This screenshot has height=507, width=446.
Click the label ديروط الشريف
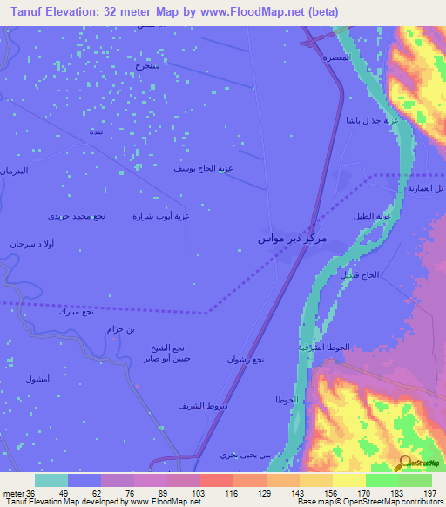pos(202,406)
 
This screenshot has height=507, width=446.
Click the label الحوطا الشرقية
pos(324,346)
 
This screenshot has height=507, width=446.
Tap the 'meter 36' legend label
pos(17,492)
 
